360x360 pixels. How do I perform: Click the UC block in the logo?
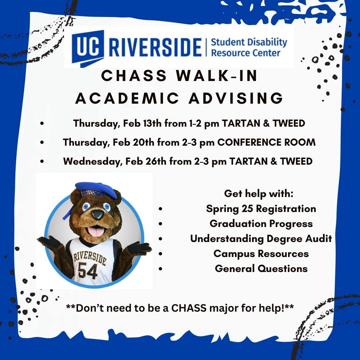(88, 48)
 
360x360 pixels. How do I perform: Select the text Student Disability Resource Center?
(249, 47)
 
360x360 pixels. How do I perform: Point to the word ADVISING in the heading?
(236, 98)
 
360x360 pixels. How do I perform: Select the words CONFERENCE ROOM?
(267, 142)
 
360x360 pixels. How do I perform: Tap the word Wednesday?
(92, 162)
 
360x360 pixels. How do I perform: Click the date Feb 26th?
(146, 161)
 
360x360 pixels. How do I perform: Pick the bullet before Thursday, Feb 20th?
(42, 142)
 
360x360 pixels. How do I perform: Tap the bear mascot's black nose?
(97, 214)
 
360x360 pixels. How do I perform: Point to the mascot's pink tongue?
(96, 231)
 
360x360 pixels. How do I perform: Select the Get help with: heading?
(259, 194)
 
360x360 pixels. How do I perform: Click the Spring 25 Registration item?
(261, 209)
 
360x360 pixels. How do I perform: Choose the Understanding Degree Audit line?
(261, 239)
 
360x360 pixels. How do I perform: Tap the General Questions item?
(261, 269)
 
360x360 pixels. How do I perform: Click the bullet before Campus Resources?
(160, 254)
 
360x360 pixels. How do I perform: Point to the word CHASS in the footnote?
(189, 308)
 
